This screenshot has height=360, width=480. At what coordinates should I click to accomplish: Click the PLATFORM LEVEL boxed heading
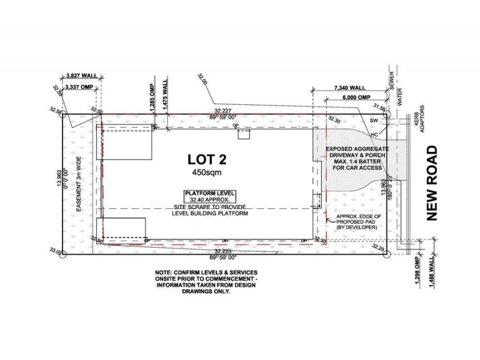click(x=208, y=193)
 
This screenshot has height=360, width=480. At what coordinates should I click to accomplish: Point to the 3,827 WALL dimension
click(x=81, y=77)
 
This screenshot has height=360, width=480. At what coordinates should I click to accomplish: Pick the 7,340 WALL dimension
click(x=350, y=88)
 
